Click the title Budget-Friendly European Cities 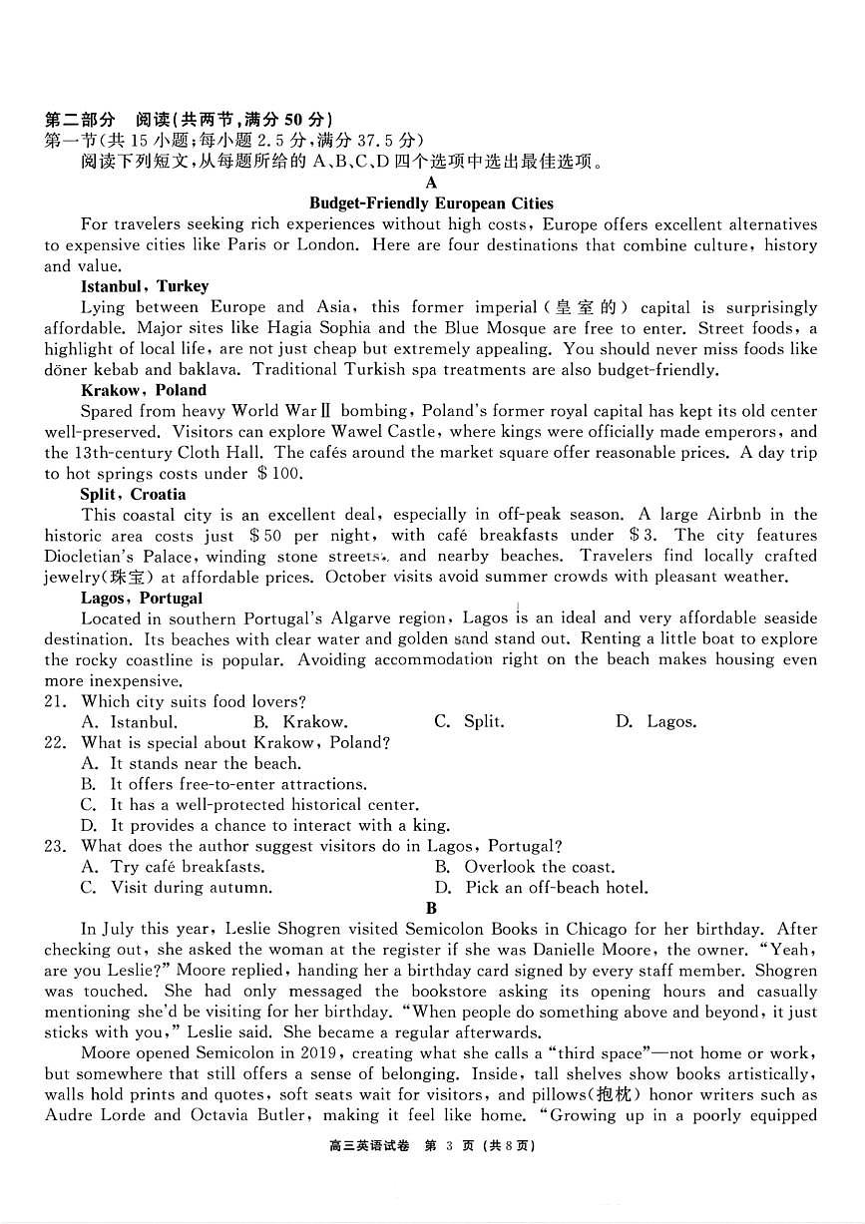tap(431, 204)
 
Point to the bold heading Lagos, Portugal tap(141, 599)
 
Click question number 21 tap(55, 702)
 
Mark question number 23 tap(55, 846)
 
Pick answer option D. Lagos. tap(656, 722)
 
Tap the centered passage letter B tap(431, 908)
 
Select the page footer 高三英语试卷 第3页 tap(431, 1146)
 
